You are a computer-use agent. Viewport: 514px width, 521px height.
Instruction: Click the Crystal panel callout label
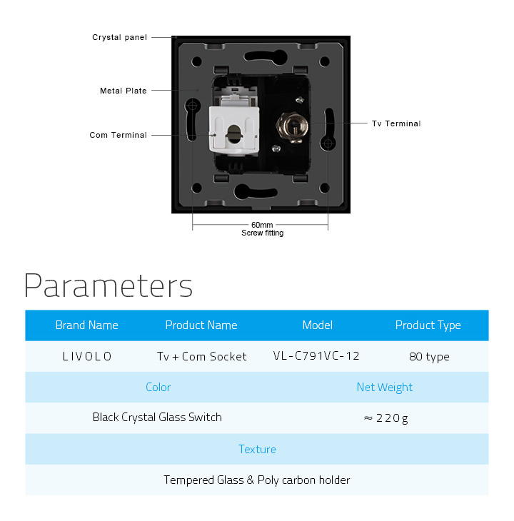(x=120, y=37)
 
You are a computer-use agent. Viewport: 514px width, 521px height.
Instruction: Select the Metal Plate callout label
(x=124, y=91)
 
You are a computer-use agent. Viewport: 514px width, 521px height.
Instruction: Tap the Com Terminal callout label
(x=118, y=135)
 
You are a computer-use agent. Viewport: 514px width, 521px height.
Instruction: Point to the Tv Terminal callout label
(x=396, y=123)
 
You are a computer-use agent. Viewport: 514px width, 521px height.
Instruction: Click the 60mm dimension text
(x=262, y=225)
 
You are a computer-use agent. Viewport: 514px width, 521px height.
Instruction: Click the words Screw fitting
(x=263, y=233)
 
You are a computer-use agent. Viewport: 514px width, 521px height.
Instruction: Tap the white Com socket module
(x=234, y=130)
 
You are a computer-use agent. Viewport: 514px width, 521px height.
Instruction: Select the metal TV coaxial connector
(x=293, y=128)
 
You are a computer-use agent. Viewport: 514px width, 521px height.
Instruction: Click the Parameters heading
(x=109, y=286)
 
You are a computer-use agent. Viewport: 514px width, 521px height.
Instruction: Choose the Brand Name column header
(x=86, y=325)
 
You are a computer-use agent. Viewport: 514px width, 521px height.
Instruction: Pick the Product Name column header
(x=201, y=325)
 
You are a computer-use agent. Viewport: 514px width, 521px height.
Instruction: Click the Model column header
(x=317, y=325)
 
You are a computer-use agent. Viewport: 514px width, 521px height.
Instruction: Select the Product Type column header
(x=428, y=325)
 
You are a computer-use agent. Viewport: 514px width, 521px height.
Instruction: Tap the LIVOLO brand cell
(x=87, y=357)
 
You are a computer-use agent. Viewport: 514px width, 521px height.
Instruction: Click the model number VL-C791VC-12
(x=316, y=356)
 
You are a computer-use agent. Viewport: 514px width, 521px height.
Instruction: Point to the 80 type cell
(x=429, y=357)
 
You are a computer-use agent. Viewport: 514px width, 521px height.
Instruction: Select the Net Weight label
(x=384, y=388)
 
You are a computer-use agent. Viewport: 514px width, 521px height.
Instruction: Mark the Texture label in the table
(x=257, y=449)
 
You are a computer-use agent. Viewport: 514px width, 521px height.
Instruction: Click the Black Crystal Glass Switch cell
(x=157, y=418)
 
